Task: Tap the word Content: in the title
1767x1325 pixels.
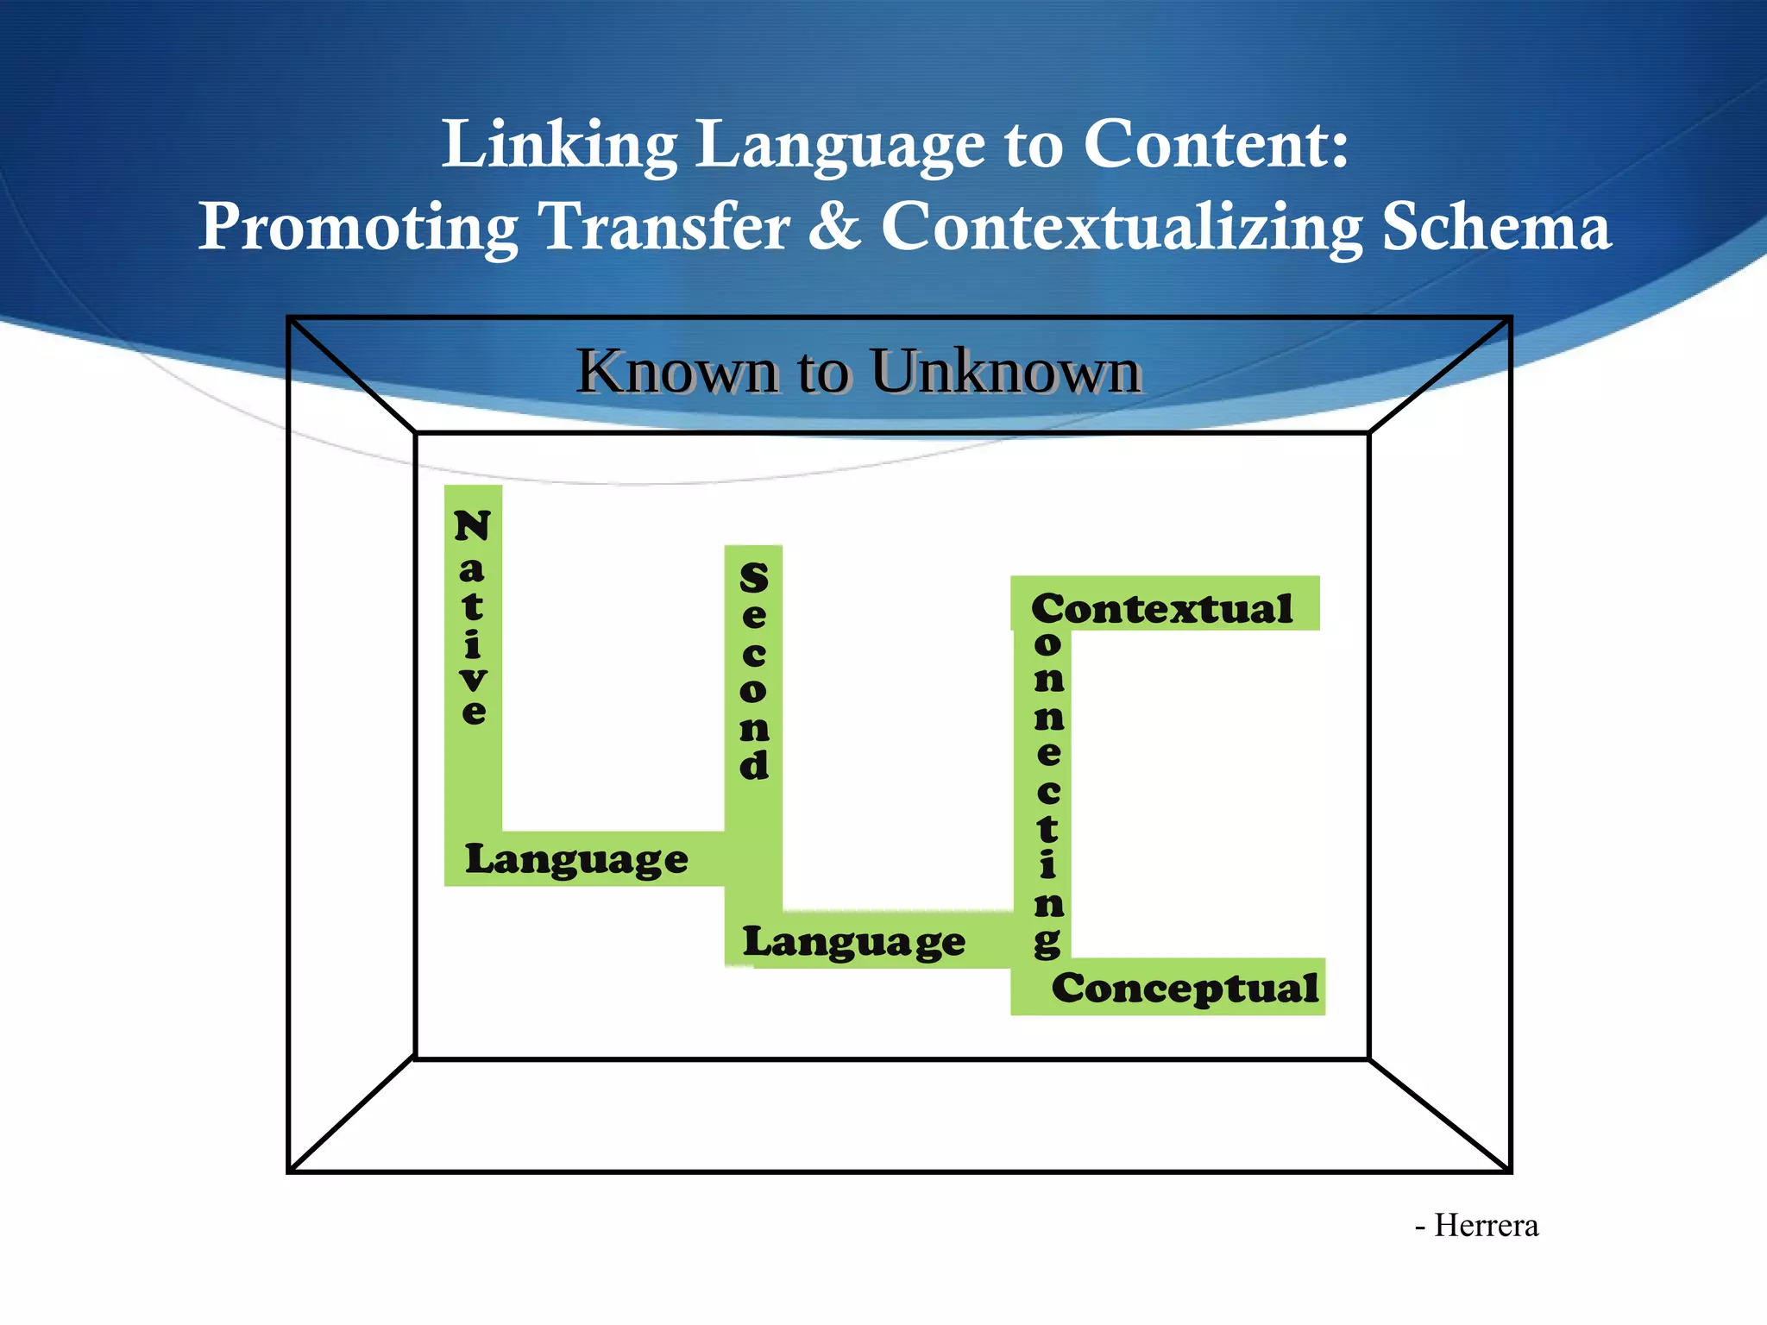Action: point(1215,145)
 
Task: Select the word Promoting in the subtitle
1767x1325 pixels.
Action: point(358,227)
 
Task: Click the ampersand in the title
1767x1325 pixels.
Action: point(833,227)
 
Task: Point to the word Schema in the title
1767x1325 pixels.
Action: point(1496,227)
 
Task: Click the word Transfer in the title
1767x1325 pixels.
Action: point(663,227)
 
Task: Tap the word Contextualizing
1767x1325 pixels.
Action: point(1121,227)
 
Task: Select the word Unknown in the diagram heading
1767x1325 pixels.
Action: point(1005,372)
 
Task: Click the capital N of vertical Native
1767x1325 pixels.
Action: point(472,525)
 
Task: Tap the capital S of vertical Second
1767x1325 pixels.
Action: point(753,578)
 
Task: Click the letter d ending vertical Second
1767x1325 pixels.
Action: point(753,764)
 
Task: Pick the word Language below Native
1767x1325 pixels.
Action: point(576,860)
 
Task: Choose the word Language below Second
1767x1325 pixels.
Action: point(854,942)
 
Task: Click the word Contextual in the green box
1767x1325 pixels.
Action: point(1161,609)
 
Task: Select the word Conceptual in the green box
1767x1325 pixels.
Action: point(1184,989)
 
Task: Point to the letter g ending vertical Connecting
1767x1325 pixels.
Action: point(1047,943)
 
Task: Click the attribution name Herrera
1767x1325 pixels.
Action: point(1486,1226)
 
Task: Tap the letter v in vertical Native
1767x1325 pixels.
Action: point(473,679)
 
